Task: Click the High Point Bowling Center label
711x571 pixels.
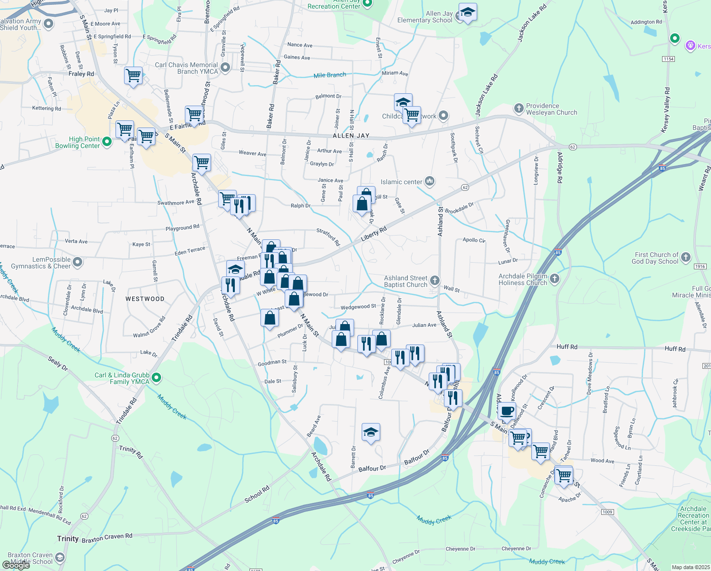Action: [77, 143]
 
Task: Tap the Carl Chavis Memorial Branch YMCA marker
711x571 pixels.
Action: [225, 68]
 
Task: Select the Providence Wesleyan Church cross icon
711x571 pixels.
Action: [519, 108]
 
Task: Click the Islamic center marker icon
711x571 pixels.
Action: [429, 181]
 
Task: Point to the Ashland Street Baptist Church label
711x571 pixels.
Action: [405, 281]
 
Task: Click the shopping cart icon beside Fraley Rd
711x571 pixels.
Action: [133, 75]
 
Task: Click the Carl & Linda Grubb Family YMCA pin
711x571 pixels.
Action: [156, 378]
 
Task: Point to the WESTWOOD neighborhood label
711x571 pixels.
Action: [145, 299]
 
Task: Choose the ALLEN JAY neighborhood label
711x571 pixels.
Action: [351, 136]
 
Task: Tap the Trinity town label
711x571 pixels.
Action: [67, 539]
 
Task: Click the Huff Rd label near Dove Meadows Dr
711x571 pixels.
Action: [567, 346]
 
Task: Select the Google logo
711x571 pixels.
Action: [16, 565]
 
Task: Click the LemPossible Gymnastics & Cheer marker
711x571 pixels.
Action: [77, 262]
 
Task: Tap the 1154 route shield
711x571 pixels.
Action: [668, 59]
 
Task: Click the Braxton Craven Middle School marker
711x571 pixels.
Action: [60, 557]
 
